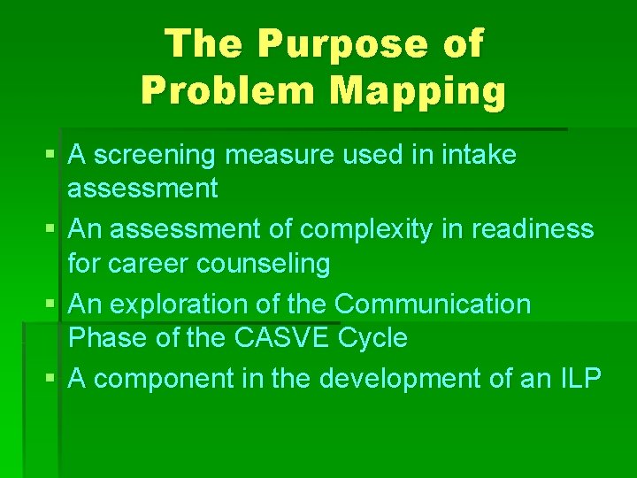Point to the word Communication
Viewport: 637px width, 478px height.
coord(432,304)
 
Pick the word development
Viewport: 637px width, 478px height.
coord(395,378)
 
